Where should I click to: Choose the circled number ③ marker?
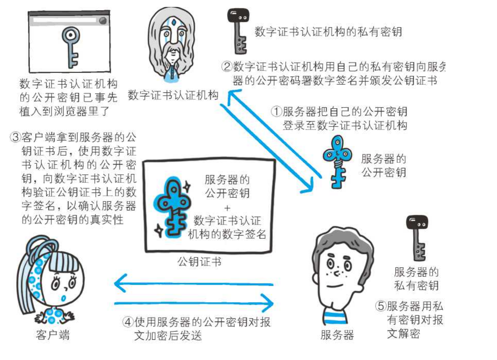point(15,137)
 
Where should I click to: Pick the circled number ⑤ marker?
point(381,306)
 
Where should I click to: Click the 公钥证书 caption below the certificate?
point(200,261)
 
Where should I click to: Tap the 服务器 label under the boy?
point(337,335)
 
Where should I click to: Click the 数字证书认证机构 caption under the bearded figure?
point(173,96)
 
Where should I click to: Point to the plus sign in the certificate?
point(227,208)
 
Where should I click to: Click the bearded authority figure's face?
point(174,39)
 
